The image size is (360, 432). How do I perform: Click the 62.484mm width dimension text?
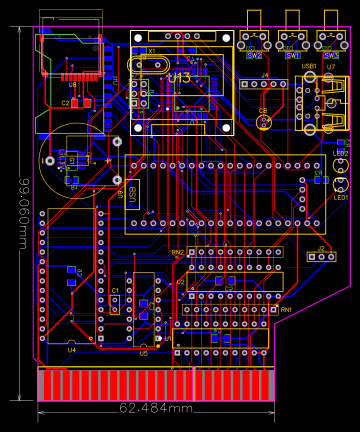point(156,408)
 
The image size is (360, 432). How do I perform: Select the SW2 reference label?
point(254,56)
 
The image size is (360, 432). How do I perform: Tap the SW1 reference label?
point(292,56)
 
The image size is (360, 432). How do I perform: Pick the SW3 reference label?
point(329,56)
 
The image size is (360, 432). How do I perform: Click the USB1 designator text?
point(309,66)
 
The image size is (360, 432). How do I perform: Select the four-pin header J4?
point(266,85)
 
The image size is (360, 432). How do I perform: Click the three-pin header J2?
point(320,256)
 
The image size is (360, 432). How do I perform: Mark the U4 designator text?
point(72,349)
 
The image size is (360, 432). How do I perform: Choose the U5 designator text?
point(143,353)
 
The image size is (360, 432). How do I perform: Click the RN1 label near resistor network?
point(286,310)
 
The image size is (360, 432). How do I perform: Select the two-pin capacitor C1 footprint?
point(115,303)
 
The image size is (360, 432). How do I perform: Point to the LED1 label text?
point(341,197)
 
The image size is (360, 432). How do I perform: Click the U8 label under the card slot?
point(72,86)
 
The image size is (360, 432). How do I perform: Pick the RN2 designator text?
point(178,253)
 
